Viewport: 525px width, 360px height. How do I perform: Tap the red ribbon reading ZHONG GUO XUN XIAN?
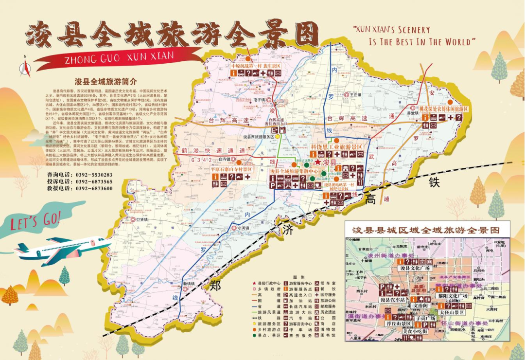pos(119,57)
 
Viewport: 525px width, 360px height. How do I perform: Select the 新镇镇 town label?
pos(189,284)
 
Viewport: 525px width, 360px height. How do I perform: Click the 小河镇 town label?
pos(243,227)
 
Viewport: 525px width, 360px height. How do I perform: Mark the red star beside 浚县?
pos(318,162)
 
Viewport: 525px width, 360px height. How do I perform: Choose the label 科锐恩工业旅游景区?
pos(337,146)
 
